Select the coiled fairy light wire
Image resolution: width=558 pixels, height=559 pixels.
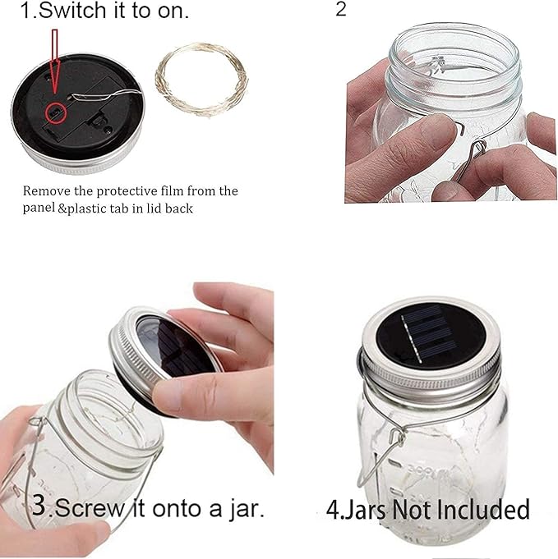click(x=201, y=79)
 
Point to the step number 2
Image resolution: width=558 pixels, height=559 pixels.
click(x=342, y=11)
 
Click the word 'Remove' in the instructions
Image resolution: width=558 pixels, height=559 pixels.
click(x=44, y=191)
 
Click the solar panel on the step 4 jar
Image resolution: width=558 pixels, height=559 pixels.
click(x=432, y=332)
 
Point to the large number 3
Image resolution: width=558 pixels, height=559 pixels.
click(x=37, y=505)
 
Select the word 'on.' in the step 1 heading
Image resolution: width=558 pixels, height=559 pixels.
click(x=168, y=12)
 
